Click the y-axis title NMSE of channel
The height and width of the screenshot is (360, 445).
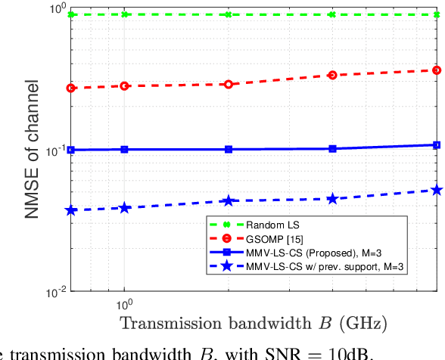tap(33, 151)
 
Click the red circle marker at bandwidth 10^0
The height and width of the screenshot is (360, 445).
tap(125, 86)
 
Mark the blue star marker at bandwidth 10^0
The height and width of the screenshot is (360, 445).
tap(125, 207)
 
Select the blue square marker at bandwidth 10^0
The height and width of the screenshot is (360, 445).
tap(125, 150)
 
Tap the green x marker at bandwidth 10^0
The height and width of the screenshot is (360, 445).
tap(125, 14)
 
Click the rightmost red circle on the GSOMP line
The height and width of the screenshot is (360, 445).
tap(436, 70)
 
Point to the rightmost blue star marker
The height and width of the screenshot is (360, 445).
tap(436, 190)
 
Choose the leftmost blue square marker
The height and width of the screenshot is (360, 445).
tap(71, 150)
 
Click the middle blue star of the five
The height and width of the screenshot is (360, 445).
tap(229, 200)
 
